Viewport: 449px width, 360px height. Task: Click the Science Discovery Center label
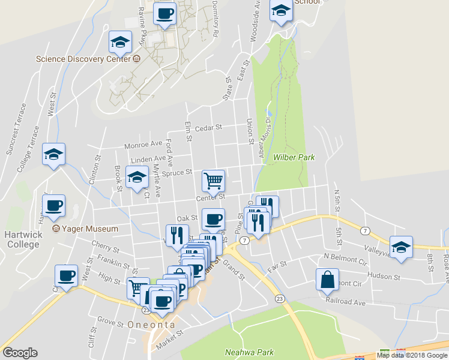coord(83,59)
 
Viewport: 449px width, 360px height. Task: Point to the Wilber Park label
coord(294,157)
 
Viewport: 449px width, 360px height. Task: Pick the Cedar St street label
coord(208,127)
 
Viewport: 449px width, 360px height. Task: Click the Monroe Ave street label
coord(143,145)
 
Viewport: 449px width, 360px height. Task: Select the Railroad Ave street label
coord(345,302)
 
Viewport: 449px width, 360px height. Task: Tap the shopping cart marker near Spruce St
coord(214,179)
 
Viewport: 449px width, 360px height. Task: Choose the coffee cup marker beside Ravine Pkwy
coord(164,13)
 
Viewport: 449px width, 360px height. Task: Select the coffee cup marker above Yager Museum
coord(54,205)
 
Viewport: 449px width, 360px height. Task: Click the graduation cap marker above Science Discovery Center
coord(120,42)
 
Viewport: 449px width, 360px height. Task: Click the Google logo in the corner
coord(20,353)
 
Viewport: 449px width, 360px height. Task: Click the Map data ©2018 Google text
coord(412,355)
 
